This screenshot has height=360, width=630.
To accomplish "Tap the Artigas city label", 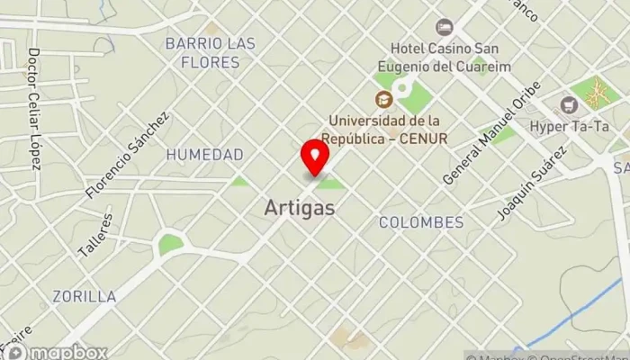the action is coord(300,208).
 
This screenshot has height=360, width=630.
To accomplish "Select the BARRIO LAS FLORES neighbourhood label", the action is coord(210,53).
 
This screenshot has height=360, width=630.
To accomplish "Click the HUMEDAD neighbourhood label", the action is coord(204,155).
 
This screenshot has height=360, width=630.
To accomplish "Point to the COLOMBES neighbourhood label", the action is coord(420,221).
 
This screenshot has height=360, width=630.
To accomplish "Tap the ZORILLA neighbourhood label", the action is coord(84,295).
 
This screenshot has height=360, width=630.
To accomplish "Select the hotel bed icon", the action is coord(443,27).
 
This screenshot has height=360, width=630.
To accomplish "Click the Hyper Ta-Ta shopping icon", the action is coord(568,104).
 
